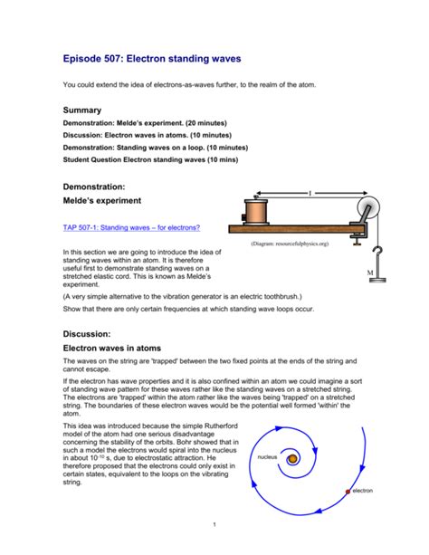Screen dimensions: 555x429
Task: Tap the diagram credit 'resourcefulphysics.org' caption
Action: [290, 244]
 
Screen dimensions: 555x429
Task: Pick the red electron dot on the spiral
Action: [347, 492]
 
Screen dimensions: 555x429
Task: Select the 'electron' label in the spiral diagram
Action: [361, 491]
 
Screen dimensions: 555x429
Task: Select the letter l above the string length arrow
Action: [310, 193]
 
